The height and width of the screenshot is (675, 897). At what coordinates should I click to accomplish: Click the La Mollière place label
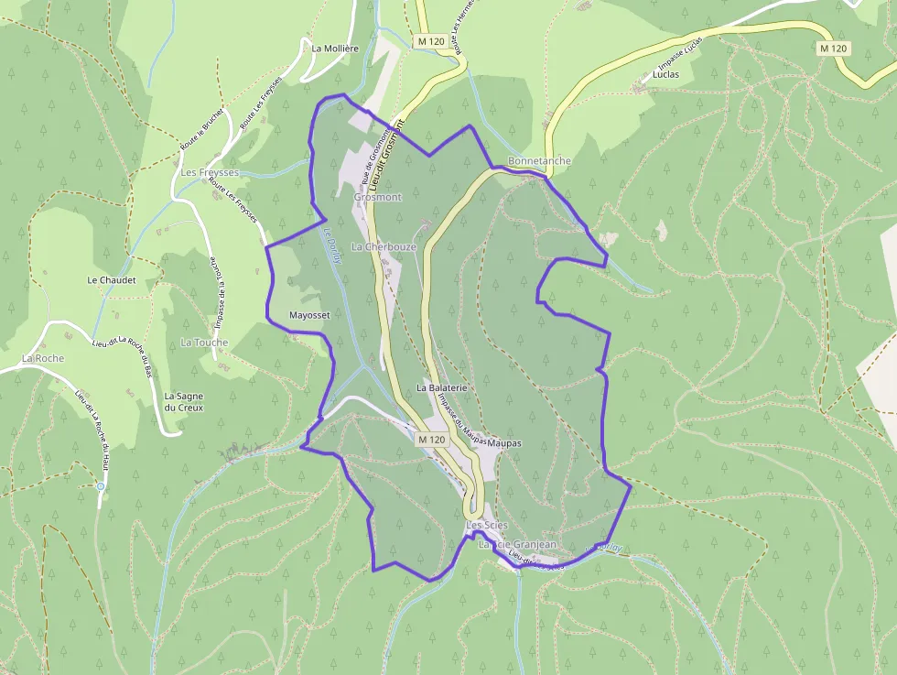[x=334, y=49]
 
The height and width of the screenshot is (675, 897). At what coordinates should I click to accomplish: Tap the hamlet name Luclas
[x=665, y=74]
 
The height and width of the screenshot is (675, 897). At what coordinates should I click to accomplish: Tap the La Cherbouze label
[x=384, y=247]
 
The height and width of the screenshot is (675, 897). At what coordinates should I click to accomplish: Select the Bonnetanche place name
[x=539, y=161]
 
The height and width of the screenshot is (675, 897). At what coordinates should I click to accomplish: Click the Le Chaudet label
[x=112, y=279]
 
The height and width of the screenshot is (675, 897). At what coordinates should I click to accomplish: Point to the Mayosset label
[x=308, y=314]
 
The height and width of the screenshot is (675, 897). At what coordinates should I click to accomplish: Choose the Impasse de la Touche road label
[x=221, y=292]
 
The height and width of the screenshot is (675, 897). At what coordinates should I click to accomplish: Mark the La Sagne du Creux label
[x=184, y=401]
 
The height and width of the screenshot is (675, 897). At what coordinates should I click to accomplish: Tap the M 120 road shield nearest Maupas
[x=431, y=440]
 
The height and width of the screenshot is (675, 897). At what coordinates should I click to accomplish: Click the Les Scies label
[x=486, y=525]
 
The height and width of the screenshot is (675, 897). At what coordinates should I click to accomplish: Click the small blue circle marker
[x=101, y=486]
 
